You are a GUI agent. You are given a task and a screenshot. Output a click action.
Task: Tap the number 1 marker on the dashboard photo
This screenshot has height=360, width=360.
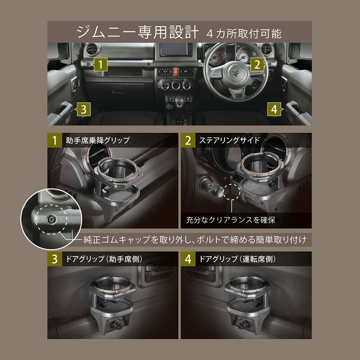102,65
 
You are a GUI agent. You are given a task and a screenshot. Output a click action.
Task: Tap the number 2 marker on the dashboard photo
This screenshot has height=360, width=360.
256,65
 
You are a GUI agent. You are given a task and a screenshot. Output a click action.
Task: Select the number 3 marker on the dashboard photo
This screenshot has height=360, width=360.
83,108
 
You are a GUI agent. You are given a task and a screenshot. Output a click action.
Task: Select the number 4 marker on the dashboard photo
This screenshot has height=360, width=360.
274,108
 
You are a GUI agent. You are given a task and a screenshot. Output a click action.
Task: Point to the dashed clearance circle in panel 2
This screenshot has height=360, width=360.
232,191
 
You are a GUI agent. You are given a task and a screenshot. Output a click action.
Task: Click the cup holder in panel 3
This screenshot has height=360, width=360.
113,301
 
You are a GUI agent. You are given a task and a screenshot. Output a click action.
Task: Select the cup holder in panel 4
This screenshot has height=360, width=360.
247,301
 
